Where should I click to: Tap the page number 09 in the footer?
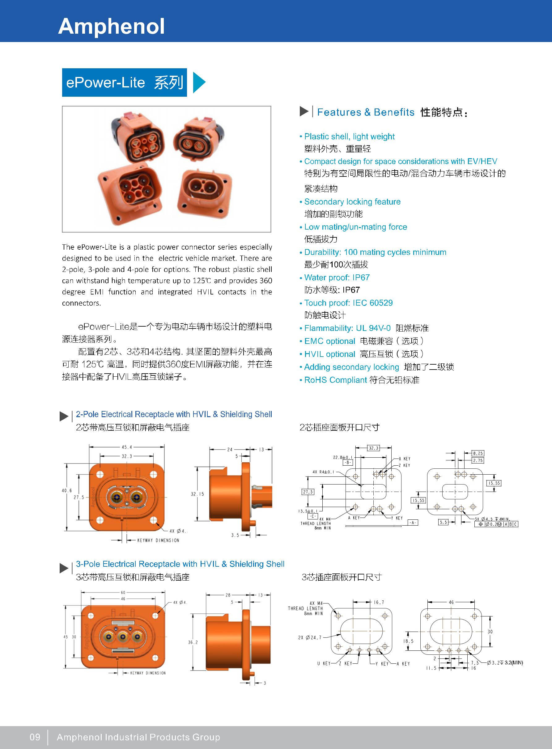click(35, 737)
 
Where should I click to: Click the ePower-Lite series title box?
click(124, 83)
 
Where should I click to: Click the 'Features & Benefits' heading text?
click(366, 112)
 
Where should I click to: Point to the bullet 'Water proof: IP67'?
click(337, 277)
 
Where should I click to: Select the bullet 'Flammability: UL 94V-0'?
click(347, 328)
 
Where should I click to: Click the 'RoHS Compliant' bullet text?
click(335, 380)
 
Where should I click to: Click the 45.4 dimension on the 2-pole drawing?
click(127, 447)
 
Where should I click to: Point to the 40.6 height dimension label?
click(66, 490)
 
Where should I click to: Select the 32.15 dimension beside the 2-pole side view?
click(197, 494)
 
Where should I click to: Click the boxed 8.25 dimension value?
click(478, 453)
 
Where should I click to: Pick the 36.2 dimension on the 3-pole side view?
click(193, 642)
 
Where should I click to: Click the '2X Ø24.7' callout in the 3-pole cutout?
click(310, 637)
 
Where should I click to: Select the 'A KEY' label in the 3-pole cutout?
click(406, 664)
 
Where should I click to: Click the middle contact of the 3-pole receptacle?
click(123, 637)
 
